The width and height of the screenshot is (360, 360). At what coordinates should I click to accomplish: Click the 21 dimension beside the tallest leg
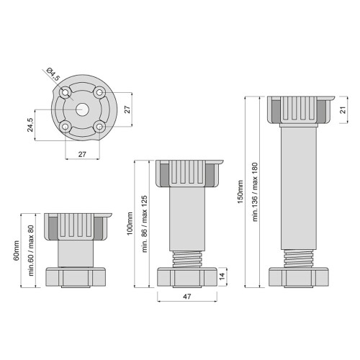tap(344, 109)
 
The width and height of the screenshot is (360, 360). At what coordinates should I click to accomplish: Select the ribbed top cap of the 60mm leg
tap(78, 227)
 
